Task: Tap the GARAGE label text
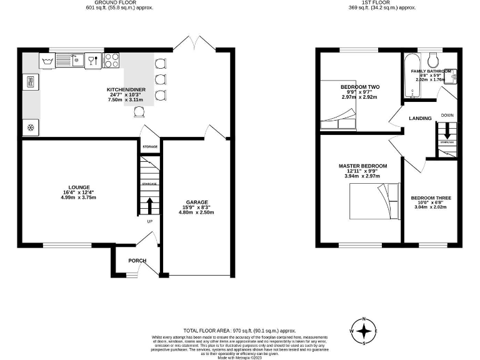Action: (197, 202)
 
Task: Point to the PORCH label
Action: (137, 261)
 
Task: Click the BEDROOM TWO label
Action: (357, 87)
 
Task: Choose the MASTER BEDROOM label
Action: (362, 166)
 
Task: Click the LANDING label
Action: (421, 118)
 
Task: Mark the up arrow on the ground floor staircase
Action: (149, 204)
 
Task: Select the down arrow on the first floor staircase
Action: (447, 132)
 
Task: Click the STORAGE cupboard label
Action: (149, 147)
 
